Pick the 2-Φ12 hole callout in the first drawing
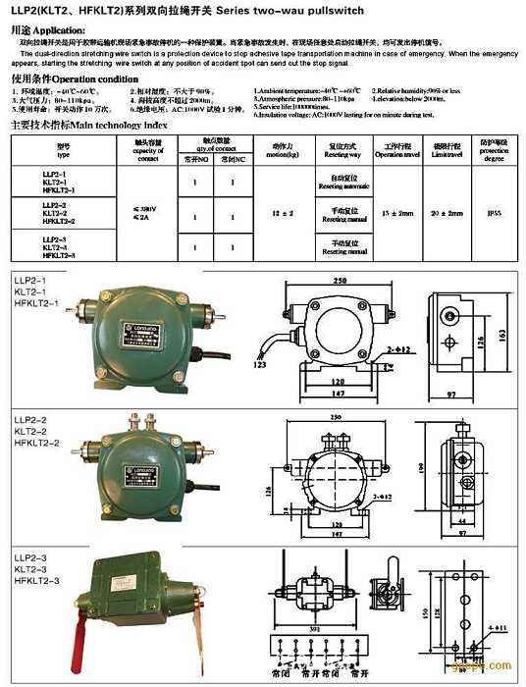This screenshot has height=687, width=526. pos(398,348)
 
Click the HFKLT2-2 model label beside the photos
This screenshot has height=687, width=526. pos(37,443)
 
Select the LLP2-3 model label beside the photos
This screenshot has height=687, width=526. pos(30,557)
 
